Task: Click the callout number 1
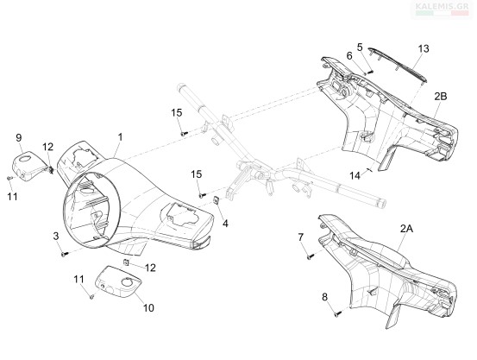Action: tap(121, 136)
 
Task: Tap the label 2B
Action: tap(441, 96)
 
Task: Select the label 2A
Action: tap(407, 229)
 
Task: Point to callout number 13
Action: tap(424, 48)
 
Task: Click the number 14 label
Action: tap(355, 176)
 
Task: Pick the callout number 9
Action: tap(19, 137)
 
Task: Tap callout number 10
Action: tap(148, 308)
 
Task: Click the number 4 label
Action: tap(225, 224)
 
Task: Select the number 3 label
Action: tap(56, 236)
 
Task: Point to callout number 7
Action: tap(301, 237)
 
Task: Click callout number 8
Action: tap(325, 297)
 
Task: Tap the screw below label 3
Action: tap(64, 254)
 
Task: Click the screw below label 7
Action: tap(310, 257)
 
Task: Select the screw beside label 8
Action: tap(337, 314)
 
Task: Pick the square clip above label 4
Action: tap(217, 200)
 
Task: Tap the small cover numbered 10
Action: tap(119, 281)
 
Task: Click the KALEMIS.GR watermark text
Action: tap(442, 5)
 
